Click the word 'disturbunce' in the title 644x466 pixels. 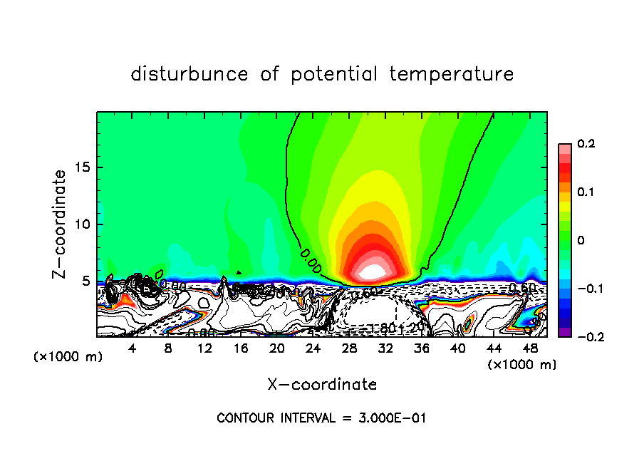point(190,74)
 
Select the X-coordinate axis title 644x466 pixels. point(322,385)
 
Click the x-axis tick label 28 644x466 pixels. point(349,348)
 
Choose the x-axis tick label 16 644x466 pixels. point(241,348)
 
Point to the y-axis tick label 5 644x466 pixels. point(85,281)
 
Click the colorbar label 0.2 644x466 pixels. point(586,144)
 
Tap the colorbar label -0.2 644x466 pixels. point(583,337)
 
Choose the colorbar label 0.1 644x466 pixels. point(586,192)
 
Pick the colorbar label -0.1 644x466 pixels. point(583,289)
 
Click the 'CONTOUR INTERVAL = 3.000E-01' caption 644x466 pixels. point(321,418)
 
